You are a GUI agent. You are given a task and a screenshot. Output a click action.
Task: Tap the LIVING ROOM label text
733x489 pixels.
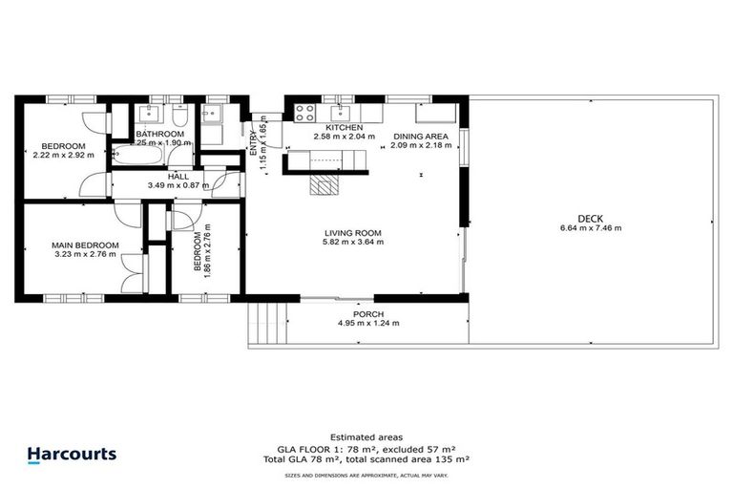[353, 231]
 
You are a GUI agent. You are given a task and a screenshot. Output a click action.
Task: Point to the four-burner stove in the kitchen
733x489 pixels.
[305, 112]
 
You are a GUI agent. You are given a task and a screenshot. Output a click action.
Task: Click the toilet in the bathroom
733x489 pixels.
[180, 115]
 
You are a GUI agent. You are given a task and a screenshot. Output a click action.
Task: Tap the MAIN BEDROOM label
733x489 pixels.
[85, 245]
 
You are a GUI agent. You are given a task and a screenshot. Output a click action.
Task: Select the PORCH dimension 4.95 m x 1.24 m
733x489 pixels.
[368, 325]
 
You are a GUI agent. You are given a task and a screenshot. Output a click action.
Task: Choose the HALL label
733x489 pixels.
[178, 176]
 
